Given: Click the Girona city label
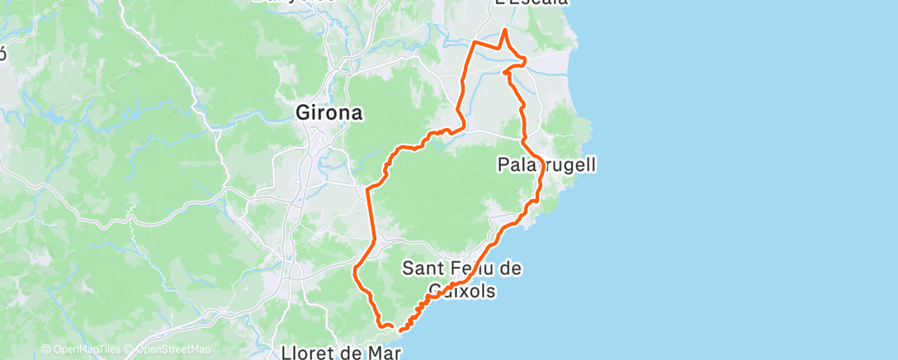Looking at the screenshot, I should pos(329,113).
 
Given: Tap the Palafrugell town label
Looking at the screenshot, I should pos(546,164).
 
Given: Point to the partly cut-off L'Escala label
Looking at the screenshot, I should pos(532,2).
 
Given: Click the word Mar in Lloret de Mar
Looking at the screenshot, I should pos(385,353).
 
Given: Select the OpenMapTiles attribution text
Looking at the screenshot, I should pos(87,349).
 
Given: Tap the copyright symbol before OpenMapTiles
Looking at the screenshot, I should pos(45,349).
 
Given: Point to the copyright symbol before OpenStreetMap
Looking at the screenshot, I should pos(131,349).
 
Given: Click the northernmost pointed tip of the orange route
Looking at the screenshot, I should pos(505,30).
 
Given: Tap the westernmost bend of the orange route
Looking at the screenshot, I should pos(355,270).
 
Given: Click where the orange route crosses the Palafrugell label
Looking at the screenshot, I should pos(538,164).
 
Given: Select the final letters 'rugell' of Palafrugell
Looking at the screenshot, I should pos(570,164).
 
